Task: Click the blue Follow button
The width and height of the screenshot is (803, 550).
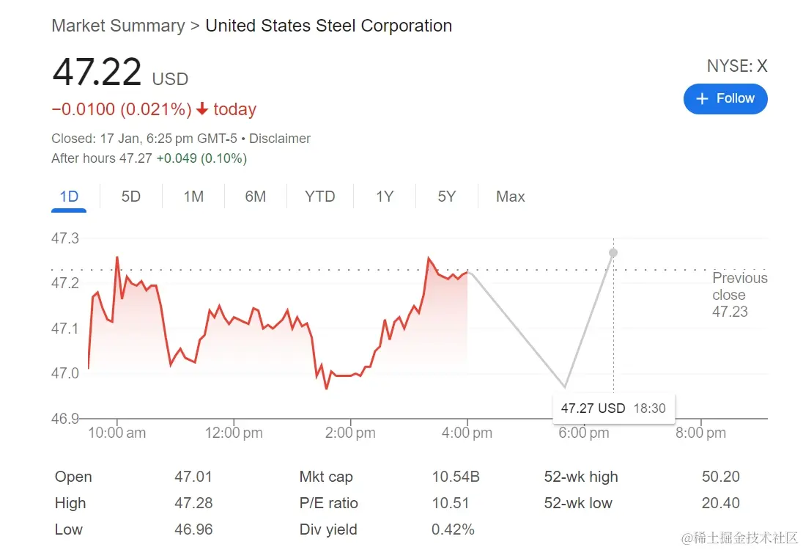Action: pos(725,99)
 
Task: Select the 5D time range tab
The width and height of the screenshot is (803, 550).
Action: pos(130,197)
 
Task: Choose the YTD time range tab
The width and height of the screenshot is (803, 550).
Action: pos(320,197)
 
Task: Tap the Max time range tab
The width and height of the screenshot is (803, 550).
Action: pos(510,197)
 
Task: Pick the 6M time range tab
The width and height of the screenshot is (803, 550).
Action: pos(255,197)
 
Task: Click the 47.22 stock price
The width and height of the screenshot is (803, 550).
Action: pos(97,72)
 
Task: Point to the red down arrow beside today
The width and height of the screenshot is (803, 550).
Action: pos(203,110)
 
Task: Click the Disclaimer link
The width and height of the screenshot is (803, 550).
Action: pos(280,139)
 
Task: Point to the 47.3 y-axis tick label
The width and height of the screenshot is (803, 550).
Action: pos(64,238)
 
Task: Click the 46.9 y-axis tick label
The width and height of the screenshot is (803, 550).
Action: pos(64,419)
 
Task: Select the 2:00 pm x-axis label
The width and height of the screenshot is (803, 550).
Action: pos(350,433)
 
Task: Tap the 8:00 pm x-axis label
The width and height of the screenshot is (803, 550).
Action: pos(700,433)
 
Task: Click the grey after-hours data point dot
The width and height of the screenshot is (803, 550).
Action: pos(613,252)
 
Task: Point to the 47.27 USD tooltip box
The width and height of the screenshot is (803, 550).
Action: pos(613,408)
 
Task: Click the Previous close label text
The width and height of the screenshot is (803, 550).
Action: pos(739,287)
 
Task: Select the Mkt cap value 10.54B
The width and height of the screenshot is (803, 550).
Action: pos(456,477)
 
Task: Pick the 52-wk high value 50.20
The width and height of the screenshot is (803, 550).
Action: pos(721,477)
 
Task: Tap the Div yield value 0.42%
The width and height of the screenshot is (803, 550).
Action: pos(453,529)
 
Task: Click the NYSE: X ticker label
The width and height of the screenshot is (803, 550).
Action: pos(736,66)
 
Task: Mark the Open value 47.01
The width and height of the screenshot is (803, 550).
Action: pos(193,477)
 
